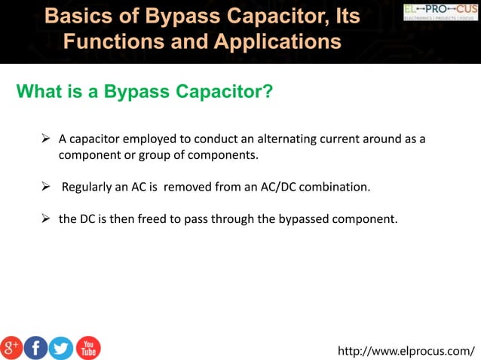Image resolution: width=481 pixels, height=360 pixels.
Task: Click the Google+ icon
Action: coord(12,347)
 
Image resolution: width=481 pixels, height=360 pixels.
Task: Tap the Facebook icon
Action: coord(36,347)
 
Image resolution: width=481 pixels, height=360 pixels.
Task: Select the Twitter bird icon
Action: coord(61,347)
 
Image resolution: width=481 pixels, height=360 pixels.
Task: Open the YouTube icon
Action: coord(88,347)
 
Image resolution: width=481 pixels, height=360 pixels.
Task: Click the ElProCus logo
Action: coord(440,11)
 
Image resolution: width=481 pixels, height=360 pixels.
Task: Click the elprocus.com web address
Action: coord(406,350)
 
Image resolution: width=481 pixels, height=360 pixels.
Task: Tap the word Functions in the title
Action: coord(113,41)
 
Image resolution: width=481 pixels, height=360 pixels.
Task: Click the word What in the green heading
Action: coord(38,92)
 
